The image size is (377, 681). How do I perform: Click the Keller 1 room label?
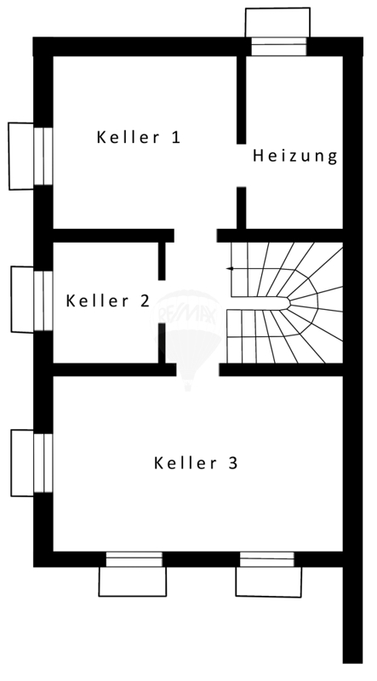coord(138,137)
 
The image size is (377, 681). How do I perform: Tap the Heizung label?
coord(295,156)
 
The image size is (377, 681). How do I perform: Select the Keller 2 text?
coord(107,300)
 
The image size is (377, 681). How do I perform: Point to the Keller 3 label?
coord(196,463)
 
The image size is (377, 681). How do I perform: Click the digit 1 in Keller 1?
coord(175,137)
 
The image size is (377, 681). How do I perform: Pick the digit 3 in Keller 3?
coord(233,463)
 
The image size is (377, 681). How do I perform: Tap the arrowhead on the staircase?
coord(229,269)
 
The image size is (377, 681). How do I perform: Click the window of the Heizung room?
coord(279,47)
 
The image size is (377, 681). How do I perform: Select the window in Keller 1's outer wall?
coord(43,157)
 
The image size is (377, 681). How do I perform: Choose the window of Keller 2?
coord(43,300)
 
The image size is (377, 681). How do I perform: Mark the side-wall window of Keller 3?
coord(43,463)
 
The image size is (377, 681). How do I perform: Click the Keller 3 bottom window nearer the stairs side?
coord(267,559)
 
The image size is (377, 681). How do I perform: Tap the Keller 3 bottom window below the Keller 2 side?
coord(134,559)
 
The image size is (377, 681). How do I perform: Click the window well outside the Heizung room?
coord(278,23)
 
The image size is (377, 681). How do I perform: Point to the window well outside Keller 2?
coord(23,300)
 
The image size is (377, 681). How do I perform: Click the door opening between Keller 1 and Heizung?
coord(242,165)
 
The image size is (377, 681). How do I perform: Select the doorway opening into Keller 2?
coord(162,302)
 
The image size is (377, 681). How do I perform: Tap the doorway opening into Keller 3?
coord(197,369)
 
